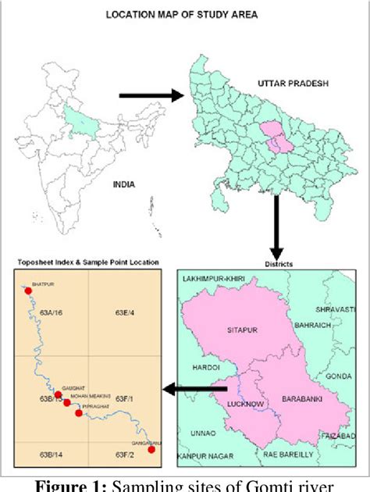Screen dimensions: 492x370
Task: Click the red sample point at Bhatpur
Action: (x=28, y=291)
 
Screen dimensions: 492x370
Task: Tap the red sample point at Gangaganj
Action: (x=151, y=449)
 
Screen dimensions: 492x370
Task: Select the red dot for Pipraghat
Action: (x=79, y=413)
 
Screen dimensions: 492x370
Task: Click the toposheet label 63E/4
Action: (x=125, y=313)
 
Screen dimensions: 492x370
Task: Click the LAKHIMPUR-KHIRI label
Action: (x=214, y=279)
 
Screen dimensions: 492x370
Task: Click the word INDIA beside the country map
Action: (x=123, y=184)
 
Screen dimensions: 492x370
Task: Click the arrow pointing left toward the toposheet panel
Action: (x=194, y=388)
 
